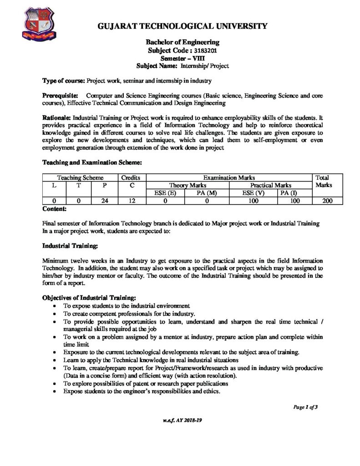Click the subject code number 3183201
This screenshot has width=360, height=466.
tap(201, 51)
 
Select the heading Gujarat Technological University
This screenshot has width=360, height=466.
tap(183, 26)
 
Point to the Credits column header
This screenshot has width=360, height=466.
tap(132, 177)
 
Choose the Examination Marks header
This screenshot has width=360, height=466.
tap(228, 177)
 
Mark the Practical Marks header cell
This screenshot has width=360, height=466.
tap(271, 185)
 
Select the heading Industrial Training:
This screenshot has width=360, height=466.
tap(70, 246)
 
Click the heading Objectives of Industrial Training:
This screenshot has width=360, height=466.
tap(88, 298)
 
